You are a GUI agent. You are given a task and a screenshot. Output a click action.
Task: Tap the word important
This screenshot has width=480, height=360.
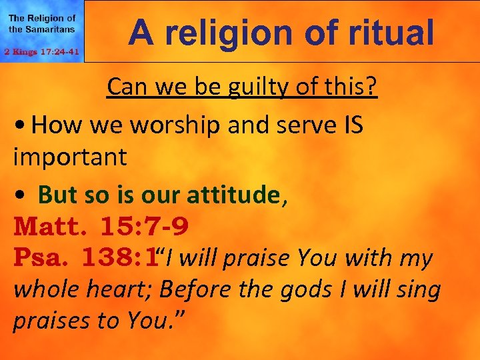click(x=69, y=157)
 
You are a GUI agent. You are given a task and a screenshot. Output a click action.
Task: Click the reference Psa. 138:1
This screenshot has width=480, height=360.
click(x=85, y=258)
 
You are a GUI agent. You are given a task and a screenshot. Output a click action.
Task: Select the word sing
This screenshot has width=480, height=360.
click(x=419, y=289)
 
